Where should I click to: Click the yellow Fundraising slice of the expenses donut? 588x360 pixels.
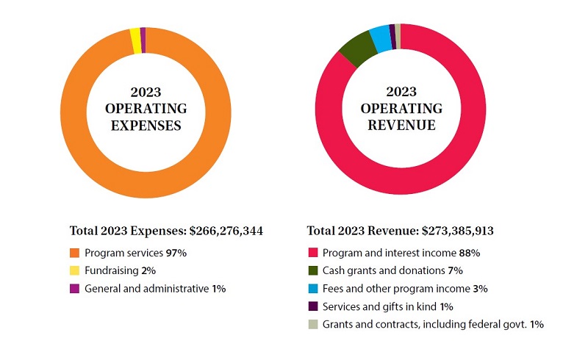[x=135, y=40]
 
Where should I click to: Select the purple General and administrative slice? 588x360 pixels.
[x=143, y=40]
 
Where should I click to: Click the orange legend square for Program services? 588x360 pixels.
[x=74, y=253]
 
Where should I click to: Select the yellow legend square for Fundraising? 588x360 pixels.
[x=74, y=271]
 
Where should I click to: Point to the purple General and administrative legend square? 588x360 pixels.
[x=74, y=289]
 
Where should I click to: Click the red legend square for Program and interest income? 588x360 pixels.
[x=312, y=253]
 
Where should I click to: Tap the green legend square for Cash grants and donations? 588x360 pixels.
[x=312, y=271]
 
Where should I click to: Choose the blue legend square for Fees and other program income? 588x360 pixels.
[x=312, y=289]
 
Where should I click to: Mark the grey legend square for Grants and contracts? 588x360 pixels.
[x=312, y=324]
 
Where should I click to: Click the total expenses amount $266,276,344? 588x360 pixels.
[x=226, y=231]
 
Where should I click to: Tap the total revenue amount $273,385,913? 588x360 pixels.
[x=457, y=231]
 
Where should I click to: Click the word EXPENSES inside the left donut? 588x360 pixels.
[x=146, y=126]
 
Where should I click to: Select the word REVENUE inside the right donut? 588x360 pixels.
[x=401, y=126]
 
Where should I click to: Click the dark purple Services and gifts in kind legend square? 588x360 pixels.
[x=312, y=306]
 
